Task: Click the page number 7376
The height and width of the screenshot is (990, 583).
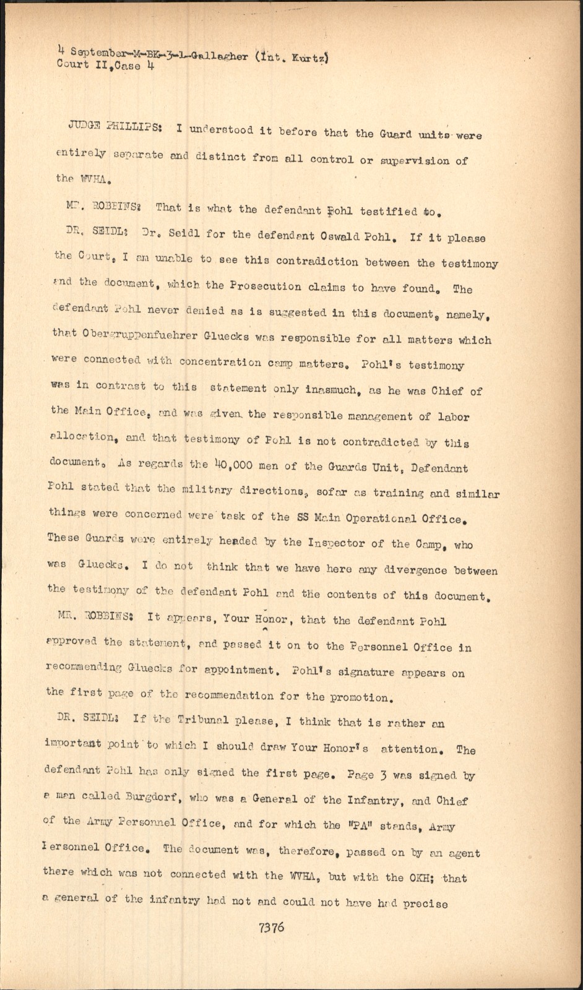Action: point(272,928)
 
